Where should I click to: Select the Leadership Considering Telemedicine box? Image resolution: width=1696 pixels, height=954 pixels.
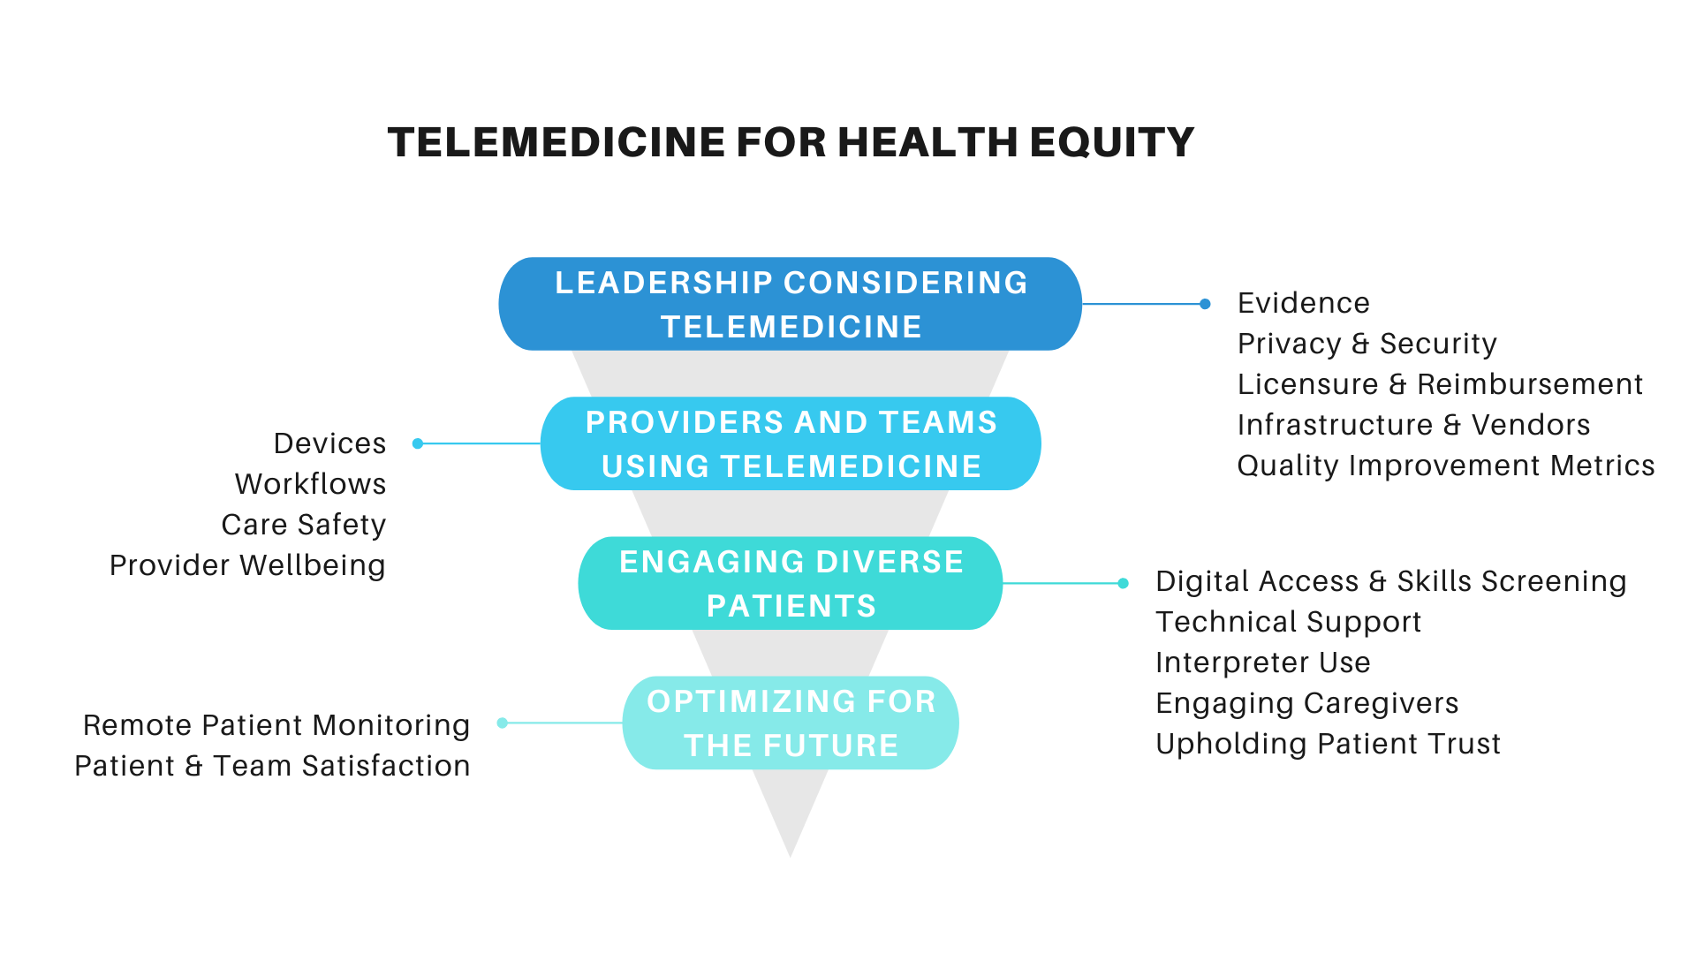791,304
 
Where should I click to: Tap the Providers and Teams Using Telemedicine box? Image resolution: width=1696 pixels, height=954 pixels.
791,443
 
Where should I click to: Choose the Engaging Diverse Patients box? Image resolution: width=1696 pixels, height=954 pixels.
791,583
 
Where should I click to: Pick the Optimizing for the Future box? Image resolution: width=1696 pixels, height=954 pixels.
791,723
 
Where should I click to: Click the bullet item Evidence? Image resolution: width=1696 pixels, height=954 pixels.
1304,303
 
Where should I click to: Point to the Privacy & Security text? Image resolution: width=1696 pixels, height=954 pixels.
1367,344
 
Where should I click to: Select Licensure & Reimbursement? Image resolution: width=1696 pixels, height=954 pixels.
1440,384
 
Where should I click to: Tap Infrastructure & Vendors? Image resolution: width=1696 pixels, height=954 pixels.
1413,425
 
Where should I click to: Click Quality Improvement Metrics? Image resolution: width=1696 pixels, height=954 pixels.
1446,466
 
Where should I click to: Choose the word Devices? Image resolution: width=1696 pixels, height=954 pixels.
330,443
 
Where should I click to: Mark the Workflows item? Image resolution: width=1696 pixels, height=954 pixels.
311,484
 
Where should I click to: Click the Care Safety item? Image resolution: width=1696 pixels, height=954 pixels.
304,525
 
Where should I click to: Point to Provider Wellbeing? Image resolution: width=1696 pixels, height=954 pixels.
247,565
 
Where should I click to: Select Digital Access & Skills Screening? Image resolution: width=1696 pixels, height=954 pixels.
1391,581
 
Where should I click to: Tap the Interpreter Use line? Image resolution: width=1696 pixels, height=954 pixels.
1263,662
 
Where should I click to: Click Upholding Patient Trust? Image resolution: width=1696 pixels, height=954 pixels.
1329,744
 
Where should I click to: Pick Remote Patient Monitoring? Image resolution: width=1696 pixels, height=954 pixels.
276,725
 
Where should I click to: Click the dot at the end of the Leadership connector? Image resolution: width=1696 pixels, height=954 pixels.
1205,304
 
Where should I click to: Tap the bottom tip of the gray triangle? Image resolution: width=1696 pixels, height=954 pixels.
791,857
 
